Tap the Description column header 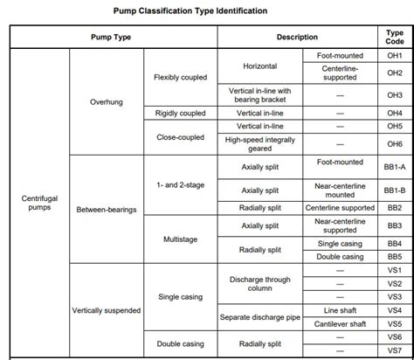pyautogui.click(x=297, y=38)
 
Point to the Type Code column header pyautogui.click(x=395, y=38)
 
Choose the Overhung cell pyautogui.click(x=107, y=102)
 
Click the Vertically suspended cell pyautogui.click(x=107, y=310)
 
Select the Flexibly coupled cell pyautogui.click(x=181, y=77)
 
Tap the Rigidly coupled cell pyautogui.click(x=181, y=113)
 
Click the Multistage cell pyautogui.click(x=181, y=239)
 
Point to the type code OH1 pyautogui.click(x=395, y=54)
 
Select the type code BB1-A pyautogui.click(x=395, y=163)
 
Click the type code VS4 pyautogui.click(x=395, y=310)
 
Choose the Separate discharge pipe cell pyautogui.click(x=259, y=316)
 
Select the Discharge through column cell pyautogui.click(x=259, y=283)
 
